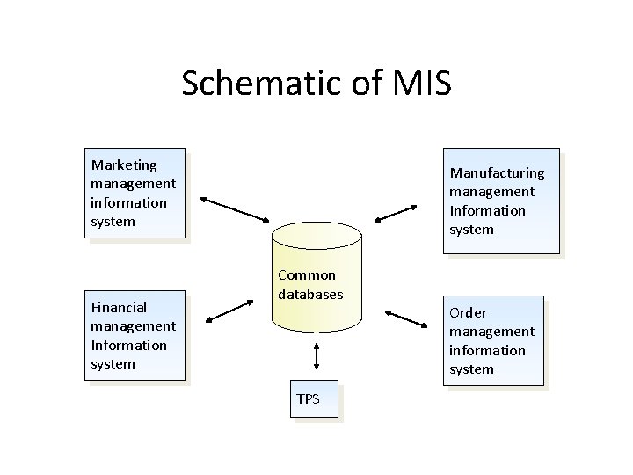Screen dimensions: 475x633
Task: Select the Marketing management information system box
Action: [137, 193]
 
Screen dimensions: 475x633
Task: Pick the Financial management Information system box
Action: [137, 335]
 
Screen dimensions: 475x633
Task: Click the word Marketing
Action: [124, 164]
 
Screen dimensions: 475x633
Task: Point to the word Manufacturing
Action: [497, 172]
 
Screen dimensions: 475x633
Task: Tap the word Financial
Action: [119, 307]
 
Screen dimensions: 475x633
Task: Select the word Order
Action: [468, 312]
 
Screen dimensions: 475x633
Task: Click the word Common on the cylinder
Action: [307, 275]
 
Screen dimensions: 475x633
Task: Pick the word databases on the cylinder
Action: [310, 295]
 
